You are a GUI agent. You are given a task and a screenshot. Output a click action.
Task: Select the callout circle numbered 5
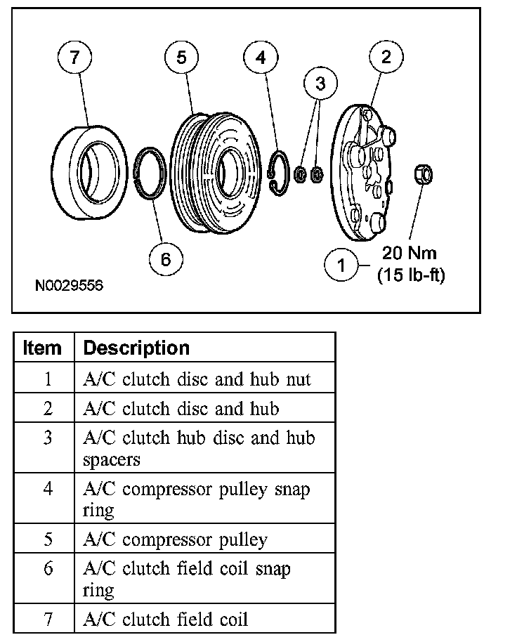pos(182,58)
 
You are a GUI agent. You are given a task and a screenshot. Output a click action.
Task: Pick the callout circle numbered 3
pos(320,84)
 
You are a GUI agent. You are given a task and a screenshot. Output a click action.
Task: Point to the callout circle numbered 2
pos(386,58)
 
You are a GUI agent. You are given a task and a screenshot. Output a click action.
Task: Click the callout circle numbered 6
pos(166,259)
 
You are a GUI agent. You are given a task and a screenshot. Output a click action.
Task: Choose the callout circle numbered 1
pos(342,266)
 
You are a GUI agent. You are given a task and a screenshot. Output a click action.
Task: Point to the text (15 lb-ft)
pos(411,275)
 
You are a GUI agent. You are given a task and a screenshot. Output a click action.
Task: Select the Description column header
pos(136,348)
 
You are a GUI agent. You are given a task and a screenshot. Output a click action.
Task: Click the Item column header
pos(43,348)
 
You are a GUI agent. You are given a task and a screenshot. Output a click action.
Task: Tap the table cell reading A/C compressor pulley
pos(175,540)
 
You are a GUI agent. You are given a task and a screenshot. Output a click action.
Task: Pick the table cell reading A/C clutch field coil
pos(165,619)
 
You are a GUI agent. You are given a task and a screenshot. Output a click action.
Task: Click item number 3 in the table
pos(48,438)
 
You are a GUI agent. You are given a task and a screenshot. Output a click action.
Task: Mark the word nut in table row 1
pos(298,379)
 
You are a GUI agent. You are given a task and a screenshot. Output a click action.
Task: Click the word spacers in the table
pos(111,460)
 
